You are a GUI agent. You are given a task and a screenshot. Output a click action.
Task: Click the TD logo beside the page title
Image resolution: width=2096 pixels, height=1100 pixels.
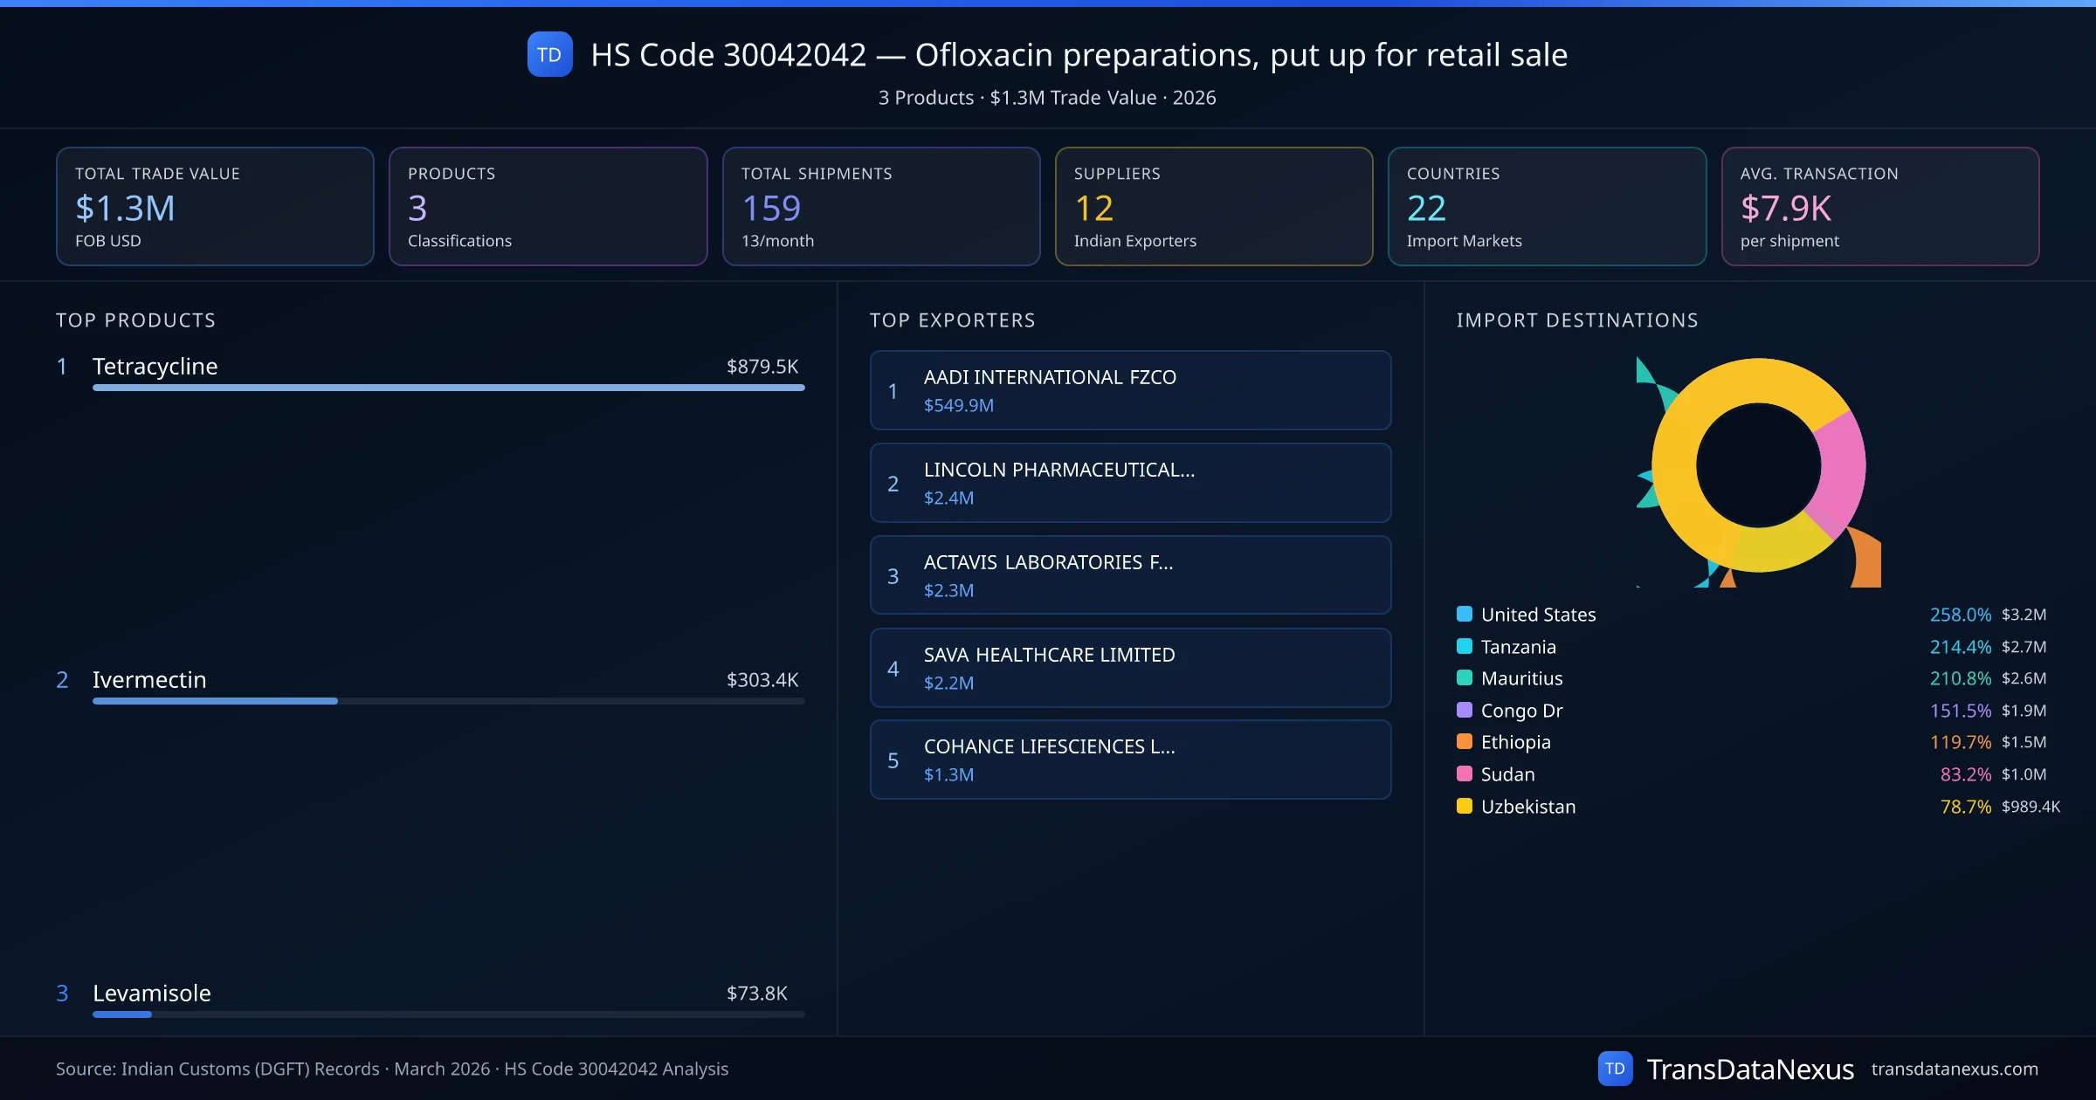pos(549,54)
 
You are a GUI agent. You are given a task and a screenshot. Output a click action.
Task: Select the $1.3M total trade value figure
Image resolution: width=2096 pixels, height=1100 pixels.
pos(125,208)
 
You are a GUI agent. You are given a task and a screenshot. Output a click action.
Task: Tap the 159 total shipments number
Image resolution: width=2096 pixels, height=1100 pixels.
pos(770,208)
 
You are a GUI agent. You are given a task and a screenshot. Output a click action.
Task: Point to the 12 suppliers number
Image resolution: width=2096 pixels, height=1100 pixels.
pos(1093,208)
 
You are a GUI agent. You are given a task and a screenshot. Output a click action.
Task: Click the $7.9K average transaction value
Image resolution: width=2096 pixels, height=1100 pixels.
pos(1785,208)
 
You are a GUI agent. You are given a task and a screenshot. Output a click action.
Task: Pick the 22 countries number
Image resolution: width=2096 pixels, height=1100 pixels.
pos(1426,208)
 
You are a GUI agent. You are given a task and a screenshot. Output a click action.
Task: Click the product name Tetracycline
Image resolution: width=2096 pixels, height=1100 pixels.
pos(155,366)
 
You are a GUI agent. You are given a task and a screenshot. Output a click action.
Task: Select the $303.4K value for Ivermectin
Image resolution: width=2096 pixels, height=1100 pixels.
pos(762,679)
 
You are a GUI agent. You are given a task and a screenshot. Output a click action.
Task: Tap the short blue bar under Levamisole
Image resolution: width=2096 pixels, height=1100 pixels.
pos(122,1014)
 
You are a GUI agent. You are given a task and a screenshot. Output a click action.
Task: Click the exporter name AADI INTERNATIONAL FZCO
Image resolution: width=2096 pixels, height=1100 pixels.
pos(1050,377)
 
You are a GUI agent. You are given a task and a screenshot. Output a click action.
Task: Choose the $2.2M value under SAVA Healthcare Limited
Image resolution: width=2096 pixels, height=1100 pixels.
pos(948,683)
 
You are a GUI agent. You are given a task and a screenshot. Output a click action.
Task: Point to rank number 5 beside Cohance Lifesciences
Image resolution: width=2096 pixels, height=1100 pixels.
pos(893,760)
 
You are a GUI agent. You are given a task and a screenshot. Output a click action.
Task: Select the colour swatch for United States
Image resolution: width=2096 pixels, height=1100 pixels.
pos(1465,614)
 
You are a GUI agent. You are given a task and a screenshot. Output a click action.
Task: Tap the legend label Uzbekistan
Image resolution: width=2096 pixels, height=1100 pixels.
pos(1528,807)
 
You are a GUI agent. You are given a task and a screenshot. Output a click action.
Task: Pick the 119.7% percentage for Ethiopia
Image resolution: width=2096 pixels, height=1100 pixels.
pos(1960,742)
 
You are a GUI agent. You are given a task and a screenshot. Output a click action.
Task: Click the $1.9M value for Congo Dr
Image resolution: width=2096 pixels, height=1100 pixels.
pos(2024,711)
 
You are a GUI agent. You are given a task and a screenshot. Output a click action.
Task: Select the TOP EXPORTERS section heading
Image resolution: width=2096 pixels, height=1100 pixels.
pos(952,320)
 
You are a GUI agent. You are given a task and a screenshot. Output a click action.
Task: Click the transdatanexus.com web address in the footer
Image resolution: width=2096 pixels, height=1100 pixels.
pos(1955,1069)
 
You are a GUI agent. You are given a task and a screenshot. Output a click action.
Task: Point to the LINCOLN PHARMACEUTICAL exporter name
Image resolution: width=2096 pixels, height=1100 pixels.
pos(1058,470)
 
